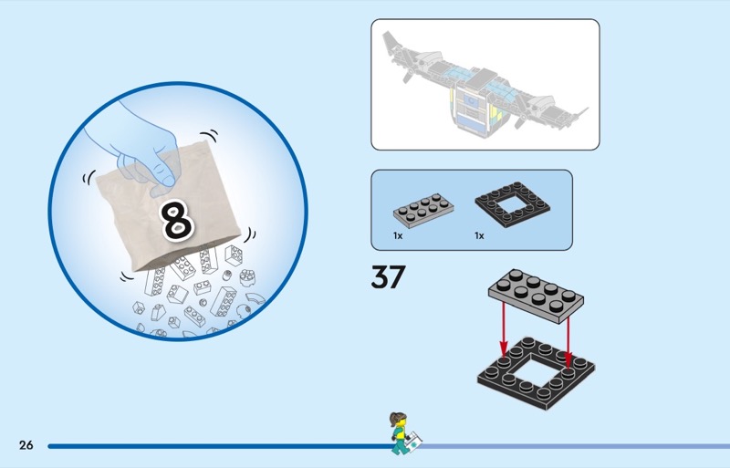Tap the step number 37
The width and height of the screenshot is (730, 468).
pyautogui.click(x=388, y=276)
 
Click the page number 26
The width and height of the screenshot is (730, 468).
pyautogui.click(x=26, y=445)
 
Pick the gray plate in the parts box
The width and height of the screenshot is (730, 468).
pyautogui.click(x=424, y=209)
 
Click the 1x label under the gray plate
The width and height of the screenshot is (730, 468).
pyautogui.click(x=398, y=236)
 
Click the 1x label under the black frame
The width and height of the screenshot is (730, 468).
pyautogui.click(x=479, y=236)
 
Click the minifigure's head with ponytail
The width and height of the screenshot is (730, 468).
pyautogui.click(x=397, y=421)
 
